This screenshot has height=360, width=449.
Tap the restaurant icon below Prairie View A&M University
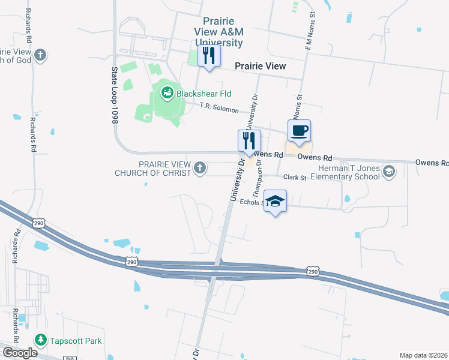point(208,57)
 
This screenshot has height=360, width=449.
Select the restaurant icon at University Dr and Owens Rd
point(249,142)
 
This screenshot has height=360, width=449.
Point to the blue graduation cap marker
point(275,202)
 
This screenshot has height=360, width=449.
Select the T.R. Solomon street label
point(218,109)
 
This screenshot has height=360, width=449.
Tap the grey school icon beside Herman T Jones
point(389,172)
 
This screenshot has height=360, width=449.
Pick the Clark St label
point(295,178)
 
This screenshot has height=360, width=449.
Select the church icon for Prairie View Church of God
point(40,56)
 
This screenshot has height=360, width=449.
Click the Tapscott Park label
point(76,341)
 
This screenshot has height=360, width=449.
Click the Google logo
point(19,353)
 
